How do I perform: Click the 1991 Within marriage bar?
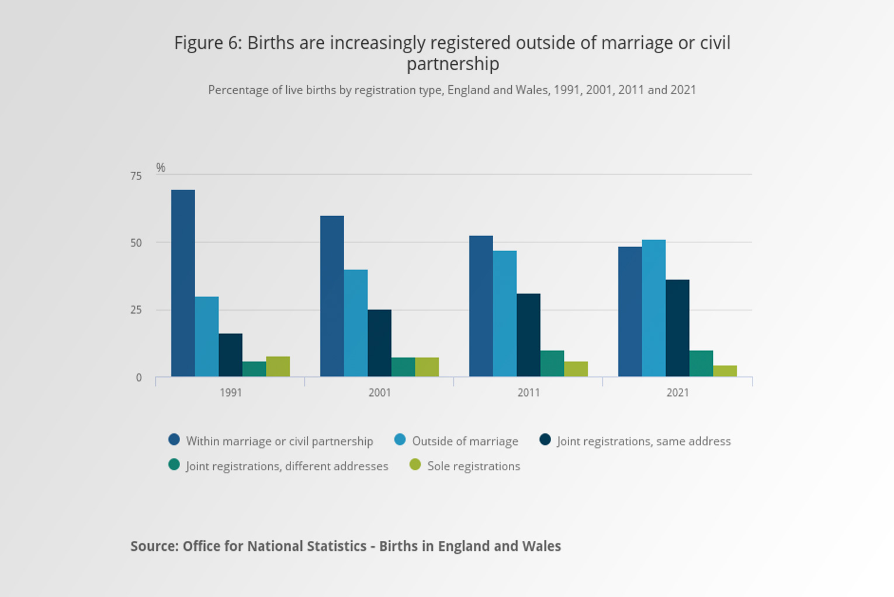point(183,283)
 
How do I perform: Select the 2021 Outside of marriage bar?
point(653,308)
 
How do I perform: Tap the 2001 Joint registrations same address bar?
point(379,343)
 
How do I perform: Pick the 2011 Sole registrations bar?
point(576,369)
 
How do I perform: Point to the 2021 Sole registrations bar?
point(725,371)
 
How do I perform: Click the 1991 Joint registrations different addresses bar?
point(254,369)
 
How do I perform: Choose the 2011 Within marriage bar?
point(481,306)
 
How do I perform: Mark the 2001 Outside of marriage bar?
point(355,323)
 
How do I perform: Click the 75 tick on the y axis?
point(136,176)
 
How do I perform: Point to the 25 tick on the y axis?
point(136,310)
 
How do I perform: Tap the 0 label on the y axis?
point(138,378)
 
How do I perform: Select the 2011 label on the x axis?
point(528,393)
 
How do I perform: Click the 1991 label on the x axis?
point(230,393)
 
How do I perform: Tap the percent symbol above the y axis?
point(161,168)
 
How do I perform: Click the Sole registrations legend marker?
point(415,465)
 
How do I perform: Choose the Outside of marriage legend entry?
point(465,441)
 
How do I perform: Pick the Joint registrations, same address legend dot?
point(545,440)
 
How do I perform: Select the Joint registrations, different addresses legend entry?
point(286,466)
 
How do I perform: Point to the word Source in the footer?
point(154,546)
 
